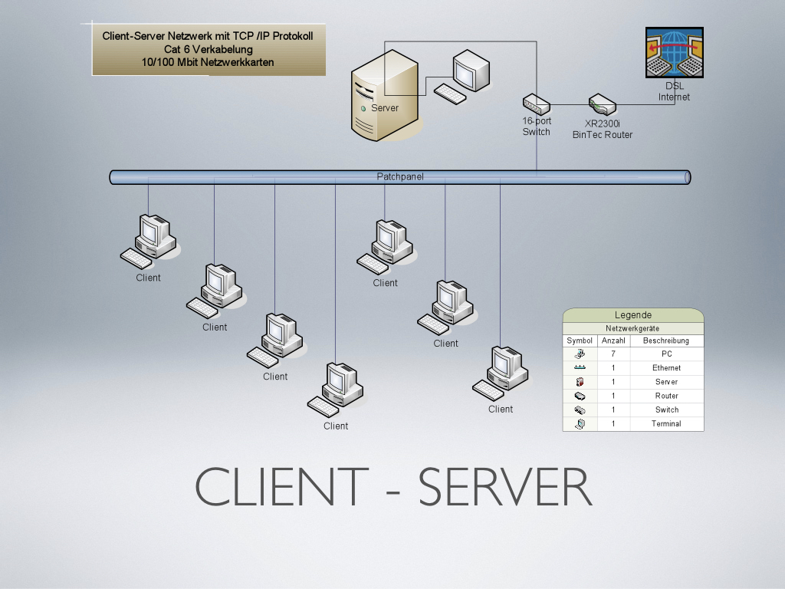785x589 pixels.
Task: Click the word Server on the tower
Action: coord(385,108)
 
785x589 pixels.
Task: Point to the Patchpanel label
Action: coord(400,177)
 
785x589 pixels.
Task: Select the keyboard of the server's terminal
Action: coord(449,94)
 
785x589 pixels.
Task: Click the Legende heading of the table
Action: coord(633,314)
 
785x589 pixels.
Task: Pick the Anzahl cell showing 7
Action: coord(613,354)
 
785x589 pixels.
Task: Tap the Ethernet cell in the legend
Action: coord(666,368)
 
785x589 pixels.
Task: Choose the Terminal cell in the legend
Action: coord(666,424)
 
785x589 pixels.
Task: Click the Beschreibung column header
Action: coord(666,341)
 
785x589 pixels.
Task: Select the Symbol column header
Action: coord(580,341)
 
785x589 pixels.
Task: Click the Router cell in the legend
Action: coord(666,396)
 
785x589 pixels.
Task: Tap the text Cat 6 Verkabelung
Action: coord(208,49)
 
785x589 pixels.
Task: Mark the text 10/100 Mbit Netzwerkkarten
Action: coord(208,62)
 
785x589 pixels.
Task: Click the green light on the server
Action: coord(363,108)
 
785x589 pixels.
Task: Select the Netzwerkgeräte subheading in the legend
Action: coord(633,327)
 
